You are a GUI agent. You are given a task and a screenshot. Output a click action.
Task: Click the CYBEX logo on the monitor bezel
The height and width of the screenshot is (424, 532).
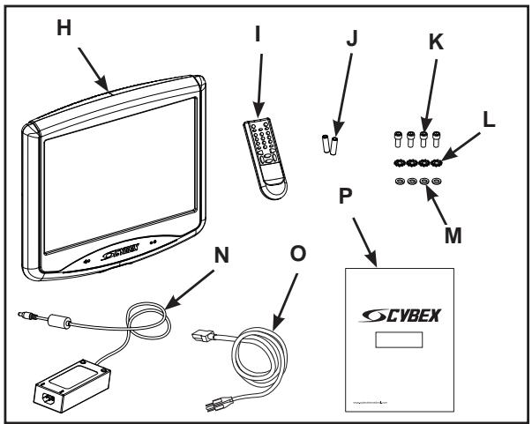(119, 259)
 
